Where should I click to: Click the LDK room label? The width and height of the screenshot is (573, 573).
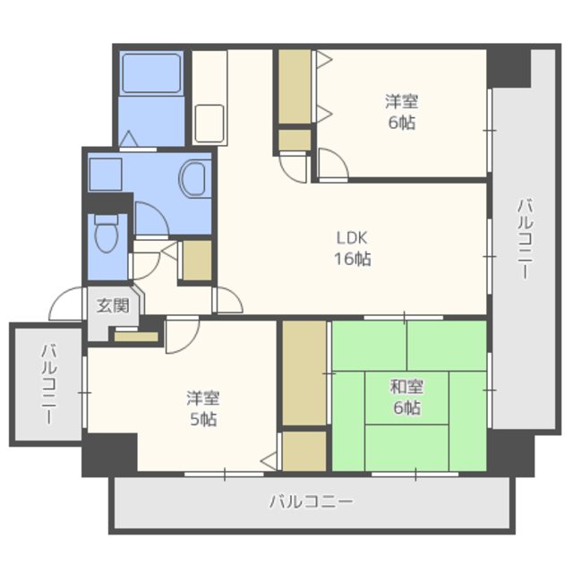(x=352, y=238)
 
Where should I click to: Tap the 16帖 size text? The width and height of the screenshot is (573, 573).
(x=353, y=259)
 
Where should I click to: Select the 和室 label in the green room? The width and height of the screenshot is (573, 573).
(x=407, y=387)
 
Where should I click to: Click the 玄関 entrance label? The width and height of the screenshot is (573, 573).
(x=113, y=305)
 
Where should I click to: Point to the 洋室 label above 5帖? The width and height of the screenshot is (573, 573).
(x=203, y=398)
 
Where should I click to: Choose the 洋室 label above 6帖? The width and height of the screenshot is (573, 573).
(x=402, y=101)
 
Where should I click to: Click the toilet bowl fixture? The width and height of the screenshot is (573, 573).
(x=107, y=234)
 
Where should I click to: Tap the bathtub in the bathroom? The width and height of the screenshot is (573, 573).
(x=151, y=73)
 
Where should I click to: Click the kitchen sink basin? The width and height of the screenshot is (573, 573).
(x=210, y=124)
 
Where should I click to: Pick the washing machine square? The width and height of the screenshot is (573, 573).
(x=106, y=175)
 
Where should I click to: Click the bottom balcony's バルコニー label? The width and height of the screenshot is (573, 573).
(x=312, y=501)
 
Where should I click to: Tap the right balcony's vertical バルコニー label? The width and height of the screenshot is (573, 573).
(x=526, y=239)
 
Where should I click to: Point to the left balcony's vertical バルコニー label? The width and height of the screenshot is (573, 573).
(x=49, y=384)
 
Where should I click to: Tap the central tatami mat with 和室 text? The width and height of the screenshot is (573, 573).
(x=406, y=398)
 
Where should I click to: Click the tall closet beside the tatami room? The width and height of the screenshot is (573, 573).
(x=304, y=373)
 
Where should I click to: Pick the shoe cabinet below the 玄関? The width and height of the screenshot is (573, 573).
(x=136, y=337)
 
